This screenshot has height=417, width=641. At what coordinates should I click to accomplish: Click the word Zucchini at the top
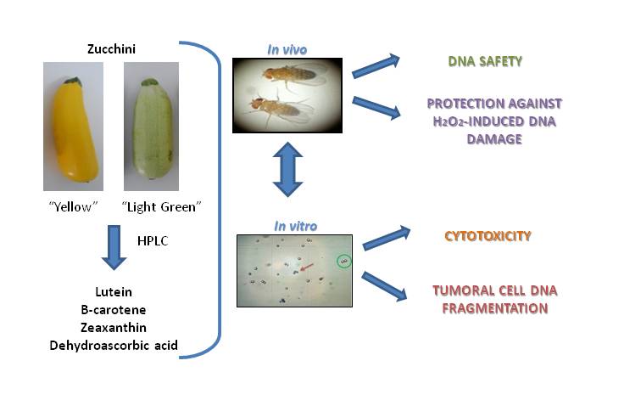tap(112, 49)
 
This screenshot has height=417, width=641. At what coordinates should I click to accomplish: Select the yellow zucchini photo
tap(73, 127)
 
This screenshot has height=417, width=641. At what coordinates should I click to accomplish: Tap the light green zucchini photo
tap(153, 127)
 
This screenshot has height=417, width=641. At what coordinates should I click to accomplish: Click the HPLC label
tap(152, 241)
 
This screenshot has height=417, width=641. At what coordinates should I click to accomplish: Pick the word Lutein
tap(113, 292)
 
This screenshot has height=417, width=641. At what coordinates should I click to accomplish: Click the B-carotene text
tap(113, 310)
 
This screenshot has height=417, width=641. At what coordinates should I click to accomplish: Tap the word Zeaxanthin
tap(113, 328)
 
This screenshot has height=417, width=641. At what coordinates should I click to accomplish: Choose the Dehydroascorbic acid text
tap(114, 346)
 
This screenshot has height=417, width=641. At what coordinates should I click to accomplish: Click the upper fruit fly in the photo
tap(289, 74)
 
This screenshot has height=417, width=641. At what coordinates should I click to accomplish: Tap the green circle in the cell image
tap(343, 262)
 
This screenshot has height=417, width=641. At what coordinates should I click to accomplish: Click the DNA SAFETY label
tap(484, 62)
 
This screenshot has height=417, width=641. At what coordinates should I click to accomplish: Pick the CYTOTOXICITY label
tap(488, 236)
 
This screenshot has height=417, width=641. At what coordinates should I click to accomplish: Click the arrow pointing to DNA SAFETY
tap(376, 65)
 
